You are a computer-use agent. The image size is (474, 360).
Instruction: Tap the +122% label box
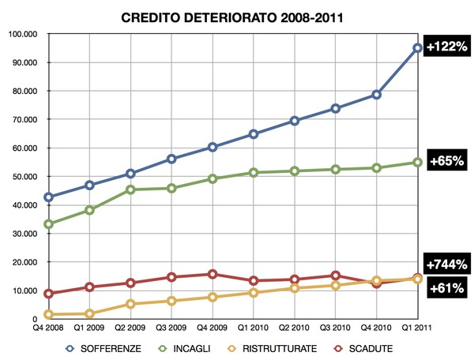pyautogui.click(x=446, y=46)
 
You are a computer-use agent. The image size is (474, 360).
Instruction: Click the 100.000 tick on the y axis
pyautogui.click(x=26, y=34)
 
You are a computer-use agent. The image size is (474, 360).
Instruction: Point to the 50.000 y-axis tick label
pyautogui.click(x=28, y=177)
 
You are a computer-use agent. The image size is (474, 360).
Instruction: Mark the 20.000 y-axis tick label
pyautogui.click(x=28, y=262)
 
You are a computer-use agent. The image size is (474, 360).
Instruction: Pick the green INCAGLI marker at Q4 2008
pyautogui.click(x=49, y=224)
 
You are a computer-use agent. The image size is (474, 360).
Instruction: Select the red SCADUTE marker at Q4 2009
pyautogui.click(x=213, y=274)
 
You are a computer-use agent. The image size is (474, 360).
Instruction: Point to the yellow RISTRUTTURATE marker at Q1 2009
pyautogui.click(x=90, y=313)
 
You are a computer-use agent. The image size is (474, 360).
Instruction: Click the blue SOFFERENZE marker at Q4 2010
pyautogui.click(x=377, y=95)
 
